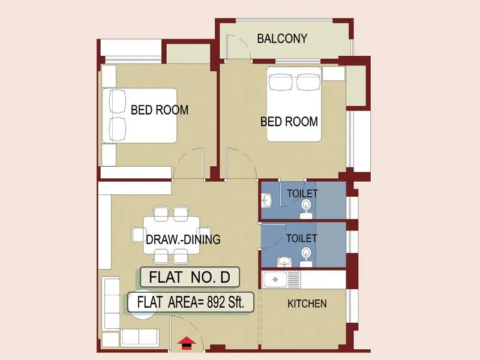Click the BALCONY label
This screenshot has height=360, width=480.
pos(282,39)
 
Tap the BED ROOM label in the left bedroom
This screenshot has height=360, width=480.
pos(160,110)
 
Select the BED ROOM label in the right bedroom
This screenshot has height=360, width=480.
pos(289,122)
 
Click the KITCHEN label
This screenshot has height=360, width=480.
pos(307,304)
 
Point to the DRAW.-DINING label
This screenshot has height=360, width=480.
pos(183,239)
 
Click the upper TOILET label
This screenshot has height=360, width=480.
pos(302,193)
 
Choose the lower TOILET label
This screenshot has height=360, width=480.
pos(301,238)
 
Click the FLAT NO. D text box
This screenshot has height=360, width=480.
pos(190,277)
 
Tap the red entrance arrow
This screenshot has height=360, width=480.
pos(187,342)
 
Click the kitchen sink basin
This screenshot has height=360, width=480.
pos(277,279)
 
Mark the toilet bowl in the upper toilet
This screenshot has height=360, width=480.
pos(307,206)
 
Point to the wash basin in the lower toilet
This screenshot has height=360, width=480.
pos(282,262)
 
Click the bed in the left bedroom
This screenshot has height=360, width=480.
pos(139,115)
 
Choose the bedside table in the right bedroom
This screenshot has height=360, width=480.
pos(334,73)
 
